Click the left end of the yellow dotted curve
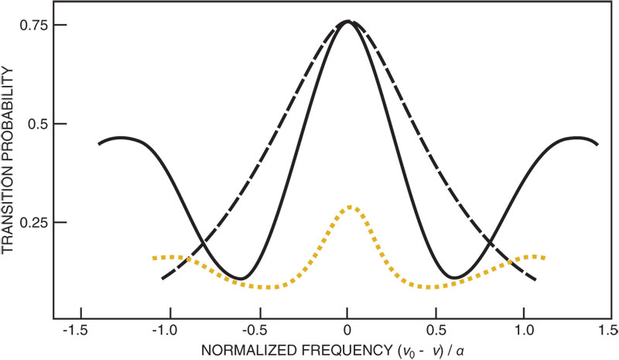point(154,258)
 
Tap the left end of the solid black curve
point(99,143)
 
